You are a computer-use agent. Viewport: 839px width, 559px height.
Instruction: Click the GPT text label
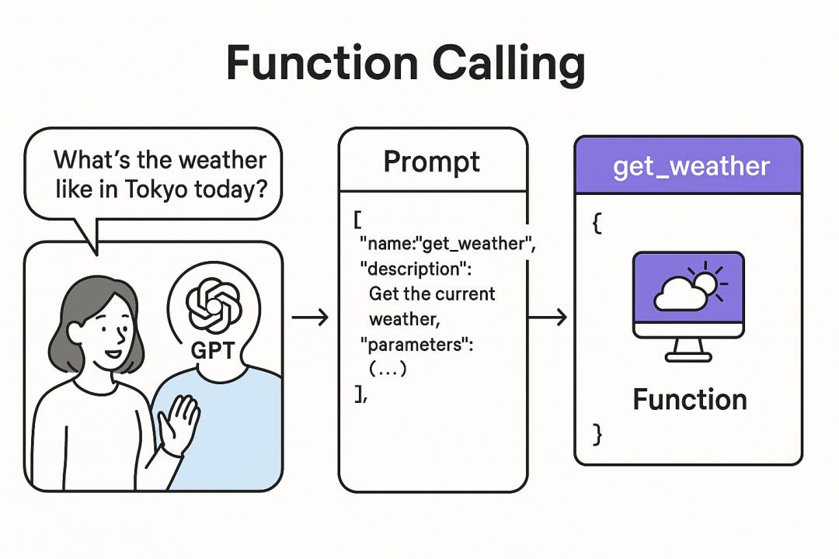(x=212, y=350)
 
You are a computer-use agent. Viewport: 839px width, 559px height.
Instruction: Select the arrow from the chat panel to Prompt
(x=309, y=317)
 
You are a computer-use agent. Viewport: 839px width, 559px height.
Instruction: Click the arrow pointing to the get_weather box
(x=547, y=317)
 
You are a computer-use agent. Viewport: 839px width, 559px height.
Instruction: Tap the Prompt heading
(x=432, y=161)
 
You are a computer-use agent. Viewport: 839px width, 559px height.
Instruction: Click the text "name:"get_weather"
(x=447, y=245)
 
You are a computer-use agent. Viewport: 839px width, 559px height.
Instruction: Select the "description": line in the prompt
(x=420, y=269)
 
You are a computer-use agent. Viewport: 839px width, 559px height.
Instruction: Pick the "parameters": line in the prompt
(x=416, y=345)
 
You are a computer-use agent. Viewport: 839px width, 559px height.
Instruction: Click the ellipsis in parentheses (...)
(x=388, y=370)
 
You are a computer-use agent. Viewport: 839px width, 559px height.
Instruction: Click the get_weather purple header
(x=688, y=166)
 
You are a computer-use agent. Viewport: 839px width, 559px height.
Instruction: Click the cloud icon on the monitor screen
(x=677, y=296)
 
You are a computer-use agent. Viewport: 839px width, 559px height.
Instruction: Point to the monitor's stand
(x=688, y=350)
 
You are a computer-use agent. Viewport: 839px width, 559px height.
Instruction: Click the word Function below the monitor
(x=689, y=400)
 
